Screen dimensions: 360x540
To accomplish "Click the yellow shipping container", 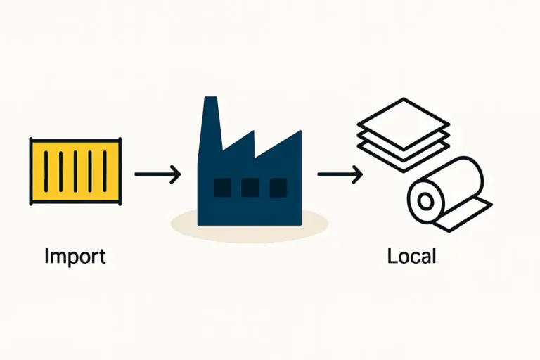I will coord(76,172).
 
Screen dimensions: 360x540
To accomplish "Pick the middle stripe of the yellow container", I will coord(76,172).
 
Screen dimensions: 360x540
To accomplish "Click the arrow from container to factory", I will coord(157,173).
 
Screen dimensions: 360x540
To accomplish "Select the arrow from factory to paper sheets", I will coord(340,173).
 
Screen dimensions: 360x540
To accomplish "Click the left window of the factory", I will coord(222,187).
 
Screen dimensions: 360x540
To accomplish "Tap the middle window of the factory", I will coord(250,187).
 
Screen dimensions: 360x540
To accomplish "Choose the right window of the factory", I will coord(278,187).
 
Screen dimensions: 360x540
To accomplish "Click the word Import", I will coord(75,256).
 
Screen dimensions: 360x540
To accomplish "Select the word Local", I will coord(411,256).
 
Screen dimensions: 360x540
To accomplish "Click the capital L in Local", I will coord(392,256).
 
